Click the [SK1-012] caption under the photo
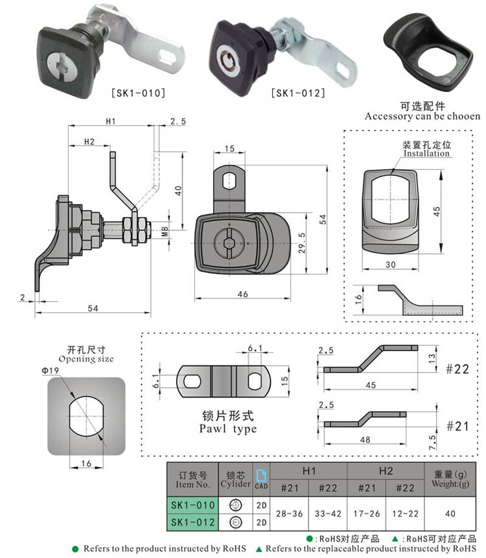(297, 93)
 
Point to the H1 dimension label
(110, 121)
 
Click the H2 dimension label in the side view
(89, 141)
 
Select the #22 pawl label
(458, 369)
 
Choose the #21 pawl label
(458, 426)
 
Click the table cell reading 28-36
(289, 513)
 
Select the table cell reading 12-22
(404, 513)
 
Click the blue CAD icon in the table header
(260, 479)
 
